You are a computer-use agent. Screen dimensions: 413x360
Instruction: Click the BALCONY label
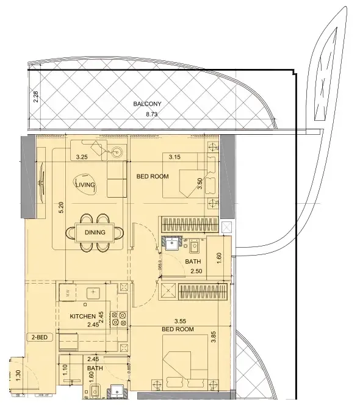click(146, 104)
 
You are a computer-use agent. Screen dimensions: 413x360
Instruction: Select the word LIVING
click(84, 184)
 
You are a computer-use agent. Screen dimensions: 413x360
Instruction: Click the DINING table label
click(95, 232)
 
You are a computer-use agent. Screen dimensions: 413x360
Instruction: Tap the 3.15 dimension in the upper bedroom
click(175, 157)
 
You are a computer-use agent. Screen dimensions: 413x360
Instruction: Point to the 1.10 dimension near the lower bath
click(65, 369)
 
